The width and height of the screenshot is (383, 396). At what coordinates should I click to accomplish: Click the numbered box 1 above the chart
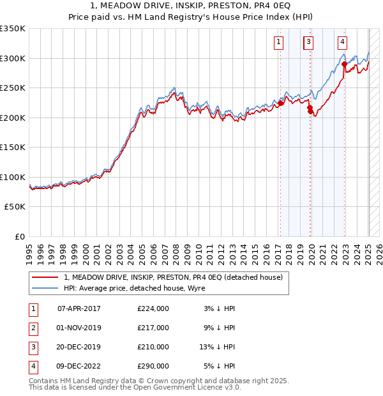(279, 43)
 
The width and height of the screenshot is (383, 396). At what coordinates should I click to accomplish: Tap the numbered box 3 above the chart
(308, 43)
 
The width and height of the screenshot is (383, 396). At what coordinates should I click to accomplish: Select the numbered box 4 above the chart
(342, 43)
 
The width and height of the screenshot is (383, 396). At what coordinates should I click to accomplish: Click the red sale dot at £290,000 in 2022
(344, 64)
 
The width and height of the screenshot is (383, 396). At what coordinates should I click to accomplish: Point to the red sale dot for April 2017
(280, 103)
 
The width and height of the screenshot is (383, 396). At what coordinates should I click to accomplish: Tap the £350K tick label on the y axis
(13, 29)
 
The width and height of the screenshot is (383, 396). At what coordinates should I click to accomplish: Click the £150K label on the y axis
(13, 147)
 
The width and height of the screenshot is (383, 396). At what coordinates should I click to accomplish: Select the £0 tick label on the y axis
(20, 236)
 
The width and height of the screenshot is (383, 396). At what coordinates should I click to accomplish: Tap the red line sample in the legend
(45, 277)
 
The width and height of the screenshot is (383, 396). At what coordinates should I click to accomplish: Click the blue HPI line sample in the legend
(45, 288)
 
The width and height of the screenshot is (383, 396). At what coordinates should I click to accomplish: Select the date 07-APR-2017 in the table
(79, 308)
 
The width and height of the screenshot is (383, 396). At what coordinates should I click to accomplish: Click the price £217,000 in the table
(153, 328)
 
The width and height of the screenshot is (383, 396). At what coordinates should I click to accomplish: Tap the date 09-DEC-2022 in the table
(79, 366)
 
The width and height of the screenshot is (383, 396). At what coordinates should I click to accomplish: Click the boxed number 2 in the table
(33, 328)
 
